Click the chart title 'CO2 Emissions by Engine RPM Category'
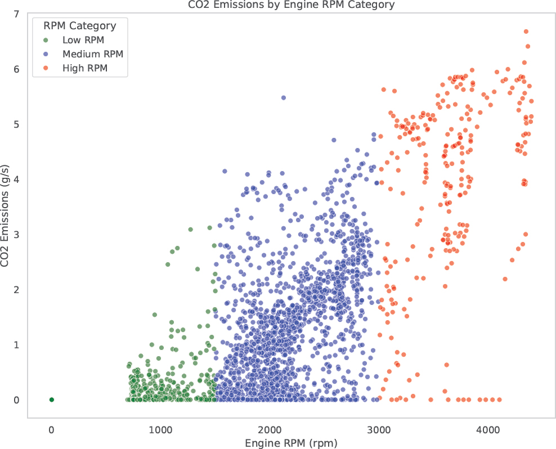[291, 5]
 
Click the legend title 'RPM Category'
[80, 25]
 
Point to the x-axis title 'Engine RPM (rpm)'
[291, 443]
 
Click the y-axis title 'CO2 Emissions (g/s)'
[5, 215]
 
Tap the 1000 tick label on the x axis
[160, 430]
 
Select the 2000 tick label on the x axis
[270, 430]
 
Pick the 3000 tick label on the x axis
[379, 430]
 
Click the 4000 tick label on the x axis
[488, 430]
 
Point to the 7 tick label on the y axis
[17, 14]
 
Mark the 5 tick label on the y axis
[17, 124]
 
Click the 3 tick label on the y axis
[17, 235]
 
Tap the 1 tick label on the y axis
[17, 345]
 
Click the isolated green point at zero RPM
[51, 399]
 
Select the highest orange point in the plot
[526, 32]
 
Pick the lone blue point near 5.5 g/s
[283, 98]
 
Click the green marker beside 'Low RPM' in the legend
[46, 41]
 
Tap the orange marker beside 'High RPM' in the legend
[46, 68]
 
